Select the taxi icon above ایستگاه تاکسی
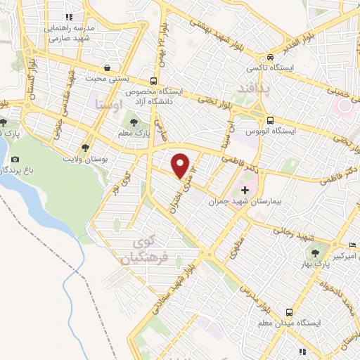click(x=269, y=58)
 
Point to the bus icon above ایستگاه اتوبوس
click(x=271, y=120)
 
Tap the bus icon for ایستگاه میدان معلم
click(x=289, y=311)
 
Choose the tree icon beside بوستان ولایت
click(x=85, y=149)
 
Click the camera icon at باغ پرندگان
click(x=16, y=159)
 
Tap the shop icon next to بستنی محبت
click(x=106, y=68)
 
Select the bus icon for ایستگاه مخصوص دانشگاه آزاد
click(x=154, y=81)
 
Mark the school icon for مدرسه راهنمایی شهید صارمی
click(x=68, y=17)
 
